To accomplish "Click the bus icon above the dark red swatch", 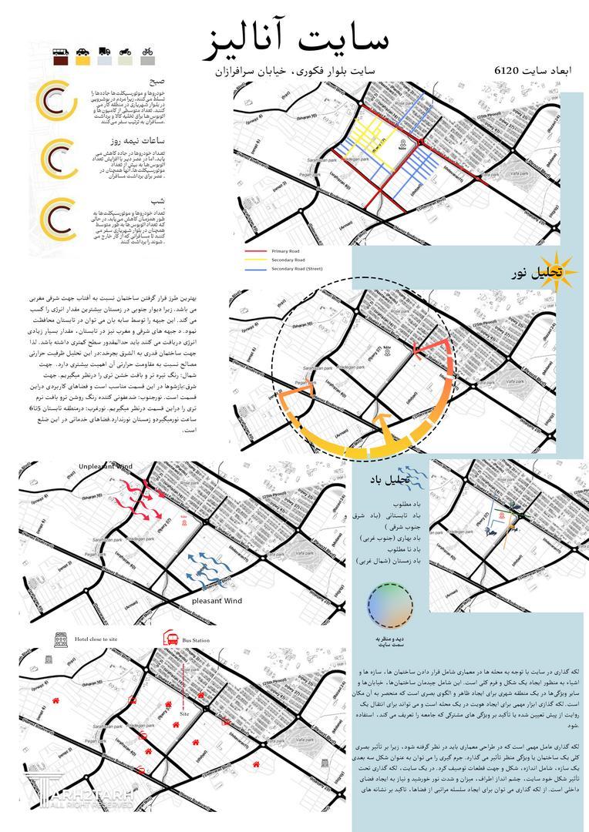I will pyautogui.click(x=62, y=52).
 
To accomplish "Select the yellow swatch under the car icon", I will pyautogui.click(x=83, y=62).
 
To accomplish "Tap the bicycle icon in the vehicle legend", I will pyautogui.click(x=147, y=52).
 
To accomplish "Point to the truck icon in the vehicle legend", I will pyautogui.click(x=105, y=52).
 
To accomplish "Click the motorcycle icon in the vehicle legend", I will pyautogui.click(x=126, y=52).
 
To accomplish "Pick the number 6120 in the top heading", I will pyautogui.click(x=510, y=70).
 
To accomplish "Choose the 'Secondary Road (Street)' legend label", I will pyautogui.click(x=297, y=269).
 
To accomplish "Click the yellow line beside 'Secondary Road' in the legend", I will pyautogui.click(x=255, y=260).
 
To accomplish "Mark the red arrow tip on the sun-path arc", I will pyautogui.click(x=416, y=351).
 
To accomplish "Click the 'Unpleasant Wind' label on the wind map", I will pyautogui.click(x=105, y=467).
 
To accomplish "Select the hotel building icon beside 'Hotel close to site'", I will pyautogui.click(x=59, y=639).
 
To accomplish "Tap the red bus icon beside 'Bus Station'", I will pyautogui.click(x=167, y=639).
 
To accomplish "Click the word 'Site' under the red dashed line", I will pyautogui.click(x=183, y=714).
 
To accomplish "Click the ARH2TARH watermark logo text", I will pyautogui.click(x=89, y=793).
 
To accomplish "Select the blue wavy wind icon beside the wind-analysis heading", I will pyautogui.click(x=408, y=478).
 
